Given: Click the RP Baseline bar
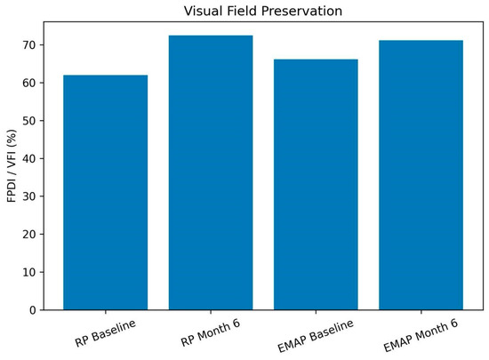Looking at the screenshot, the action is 106,192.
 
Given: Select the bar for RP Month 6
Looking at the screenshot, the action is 211,172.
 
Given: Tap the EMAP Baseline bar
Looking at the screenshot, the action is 316,185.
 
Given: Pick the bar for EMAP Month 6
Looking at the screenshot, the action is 421,175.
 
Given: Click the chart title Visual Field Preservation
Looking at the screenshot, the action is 263,11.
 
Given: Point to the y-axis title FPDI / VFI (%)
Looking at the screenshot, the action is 12,166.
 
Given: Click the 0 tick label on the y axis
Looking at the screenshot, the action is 33,310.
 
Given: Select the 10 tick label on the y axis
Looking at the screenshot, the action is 29,272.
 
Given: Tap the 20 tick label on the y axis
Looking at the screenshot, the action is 29,235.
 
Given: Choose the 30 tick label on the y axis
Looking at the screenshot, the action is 29,196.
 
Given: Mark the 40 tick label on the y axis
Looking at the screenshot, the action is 29,158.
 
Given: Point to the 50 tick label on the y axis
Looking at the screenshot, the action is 29,121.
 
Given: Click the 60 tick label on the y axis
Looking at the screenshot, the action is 29,83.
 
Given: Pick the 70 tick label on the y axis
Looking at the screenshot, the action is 29,45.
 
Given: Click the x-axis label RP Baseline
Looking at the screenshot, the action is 106,332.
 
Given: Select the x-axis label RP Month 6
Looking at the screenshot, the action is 211,332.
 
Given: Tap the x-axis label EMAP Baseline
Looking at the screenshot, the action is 316,336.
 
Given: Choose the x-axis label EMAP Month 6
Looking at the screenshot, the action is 421,335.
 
